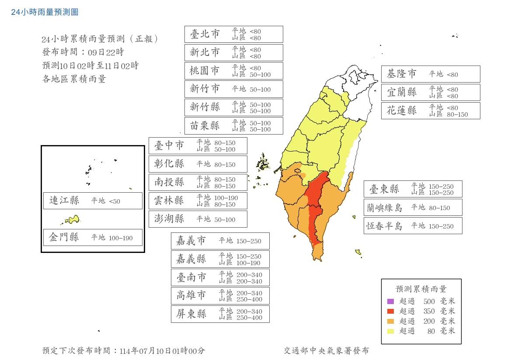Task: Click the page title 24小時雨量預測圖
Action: click(x=45, y=12)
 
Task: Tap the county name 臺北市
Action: click(x=205, y=34)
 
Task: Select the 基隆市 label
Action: click(x=402, y=74)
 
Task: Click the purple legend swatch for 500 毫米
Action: click(x=390, y=301)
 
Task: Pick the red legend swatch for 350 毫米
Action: click(x=390, y=311)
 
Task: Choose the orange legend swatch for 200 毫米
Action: click(x=390, y=321)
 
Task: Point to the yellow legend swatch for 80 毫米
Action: click(x=390, y=331)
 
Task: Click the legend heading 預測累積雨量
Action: click(x=421, y=289)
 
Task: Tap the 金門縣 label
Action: click(x=64, y=238)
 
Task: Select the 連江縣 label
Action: click(x=64, y=201)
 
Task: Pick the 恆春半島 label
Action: click(x=385, y=226)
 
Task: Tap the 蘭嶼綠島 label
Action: click(x=385, y=208)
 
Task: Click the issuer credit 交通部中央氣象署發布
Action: click(x=326, y=350)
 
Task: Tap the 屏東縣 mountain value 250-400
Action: click(x=248, y=318)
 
